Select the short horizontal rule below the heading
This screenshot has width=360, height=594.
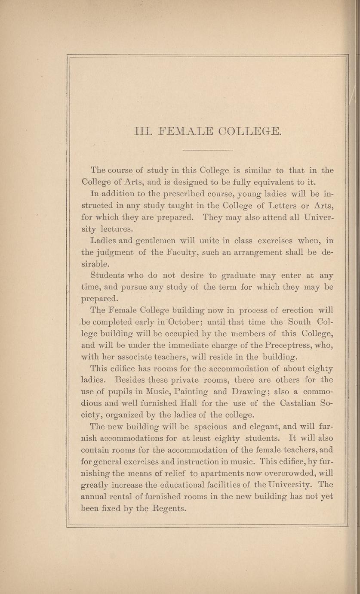coord(208,150)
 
